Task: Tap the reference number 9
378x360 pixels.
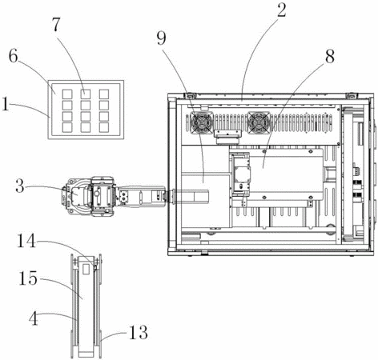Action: [161, 38]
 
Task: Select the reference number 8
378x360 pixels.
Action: [329, 56]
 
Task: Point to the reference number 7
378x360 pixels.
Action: [56, 25]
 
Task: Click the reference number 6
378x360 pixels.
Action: [14, 56]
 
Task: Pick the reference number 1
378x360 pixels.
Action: [6, 104]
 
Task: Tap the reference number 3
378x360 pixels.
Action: [20, 186]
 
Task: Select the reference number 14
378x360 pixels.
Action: [26, 242]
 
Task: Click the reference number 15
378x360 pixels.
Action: [28, 278]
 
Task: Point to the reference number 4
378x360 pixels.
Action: [34, 318]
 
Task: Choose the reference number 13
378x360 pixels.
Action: [139, 332]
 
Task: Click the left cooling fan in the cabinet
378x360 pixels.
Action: [202, 122]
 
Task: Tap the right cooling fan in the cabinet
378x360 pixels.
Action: [259, 122]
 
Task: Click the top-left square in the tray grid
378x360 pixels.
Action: [67, 94]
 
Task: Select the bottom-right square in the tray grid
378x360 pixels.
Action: [104, 127]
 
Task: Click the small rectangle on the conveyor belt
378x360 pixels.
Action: [86, 270]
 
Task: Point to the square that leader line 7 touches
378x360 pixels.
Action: [86, 94]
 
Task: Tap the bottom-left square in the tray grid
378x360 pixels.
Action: [67, 127]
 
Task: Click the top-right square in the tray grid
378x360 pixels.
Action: [104, 94]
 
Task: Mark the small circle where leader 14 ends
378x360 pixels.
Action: [94, 266]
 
